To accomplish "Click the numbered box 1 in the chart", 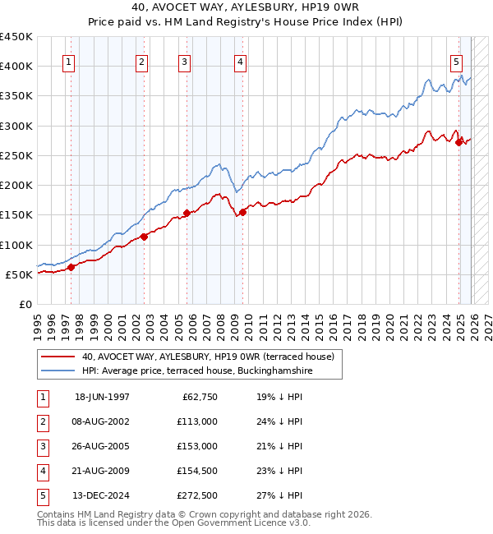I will pyautogui.click(x=67, y=61).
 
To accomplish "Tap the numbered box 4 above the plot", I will pyautogui.click(x=239, y=61).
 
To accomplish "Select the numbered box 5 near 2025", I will pyautogui.click(x=456, y=61).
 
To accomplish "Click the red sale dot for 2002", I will pyautogui.click(x=144, y=237).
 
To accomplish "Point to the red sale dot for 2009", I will pyautogui.click(x=243, y=213).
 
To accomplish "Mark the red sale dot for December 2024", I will pyautogui.click(x=458, y=142).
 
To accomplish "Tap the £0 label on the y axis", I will pyautogui.click(x=25, y=304).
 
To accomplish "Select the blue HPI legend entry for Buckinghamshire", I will pyautogui.click(x=197, y=371).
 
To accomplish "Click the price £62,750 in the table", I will pyautogui.click(x=198, y=397).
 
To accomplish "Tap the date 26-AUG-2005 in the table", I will pyautogui.click(x=102, y=446).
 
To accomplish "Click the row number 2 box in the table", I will pyautogui.click(x=43, y=421).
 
